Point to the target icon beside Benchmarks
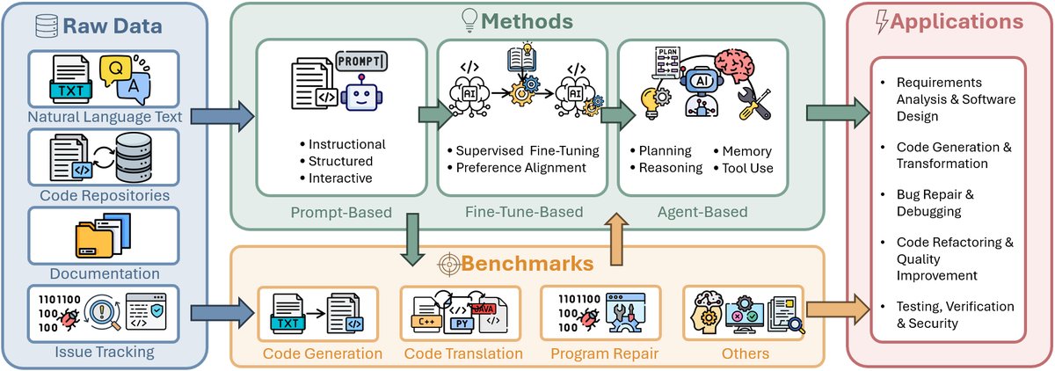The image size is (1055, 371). tap(450, 264)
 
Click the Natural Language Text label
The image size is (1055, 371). tap(105, 114)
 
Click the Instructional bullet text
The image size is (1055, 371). tap(342, 144)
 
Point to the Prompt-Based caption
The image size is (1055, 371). tap(330, 212)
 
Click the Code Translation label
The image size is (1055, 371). tap(463, 353)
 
